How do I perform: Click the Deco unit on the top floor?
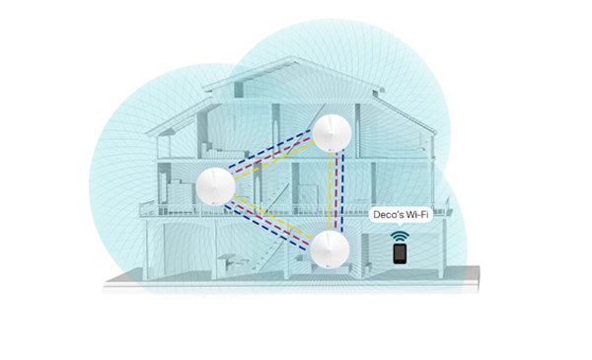point(333,133)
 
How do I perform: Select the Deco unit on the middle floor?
point(215,186)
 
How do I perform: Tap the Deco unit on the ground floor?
point(330,250)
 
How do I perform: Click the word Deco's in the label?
point(388,215)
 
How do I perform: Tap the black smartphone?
point(400,253)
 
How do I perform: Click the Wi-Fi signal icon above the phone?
point(400,237)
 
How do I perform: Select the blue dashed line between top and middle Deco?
point(269,149)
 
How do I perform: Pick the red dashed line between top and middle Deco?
point(272,155)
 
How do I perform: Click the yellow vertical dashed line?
point(331,191)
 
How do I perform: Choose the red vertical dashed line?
point(336,190)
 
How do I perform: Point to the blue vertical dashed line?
point(342,191)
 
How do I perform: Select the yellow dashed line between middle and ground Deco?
point(272,217)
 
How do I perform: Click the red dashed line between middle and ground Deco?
point(269,223)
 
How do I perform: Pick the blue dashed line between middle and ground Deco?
point(265,228)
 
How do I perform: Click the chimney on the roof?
point(378,92)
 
